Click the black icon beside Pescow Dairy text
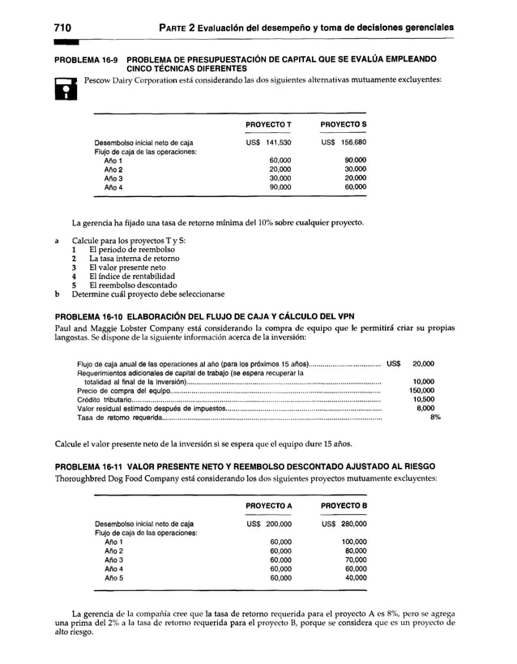[x=64, y=86]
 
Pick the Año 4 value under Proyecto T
[x=280, y=187]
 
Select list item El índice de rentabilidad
[x=132, y=276]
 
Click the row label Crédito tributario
[x=104, y=400]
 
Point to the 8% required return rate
[x=435, y=418]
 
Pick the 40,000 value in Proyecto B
[x=355, y=578]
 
